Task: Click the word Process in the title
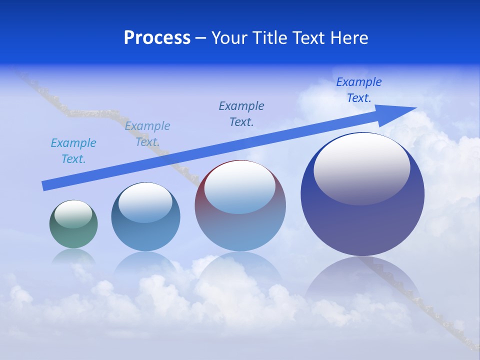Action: tap(157, 38)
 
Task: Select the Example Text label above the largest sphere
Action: tap(358, 90)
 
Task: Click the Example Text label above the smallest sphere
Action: tap(73, 151)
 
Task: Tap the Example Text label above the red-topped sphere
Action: tap(241, 113)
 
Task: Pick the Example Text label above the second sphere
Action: tap(147, 134)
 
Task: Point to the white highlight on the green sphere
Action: tap(73, 214)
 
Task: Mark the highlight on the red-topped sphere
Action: tap(239, 187)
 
